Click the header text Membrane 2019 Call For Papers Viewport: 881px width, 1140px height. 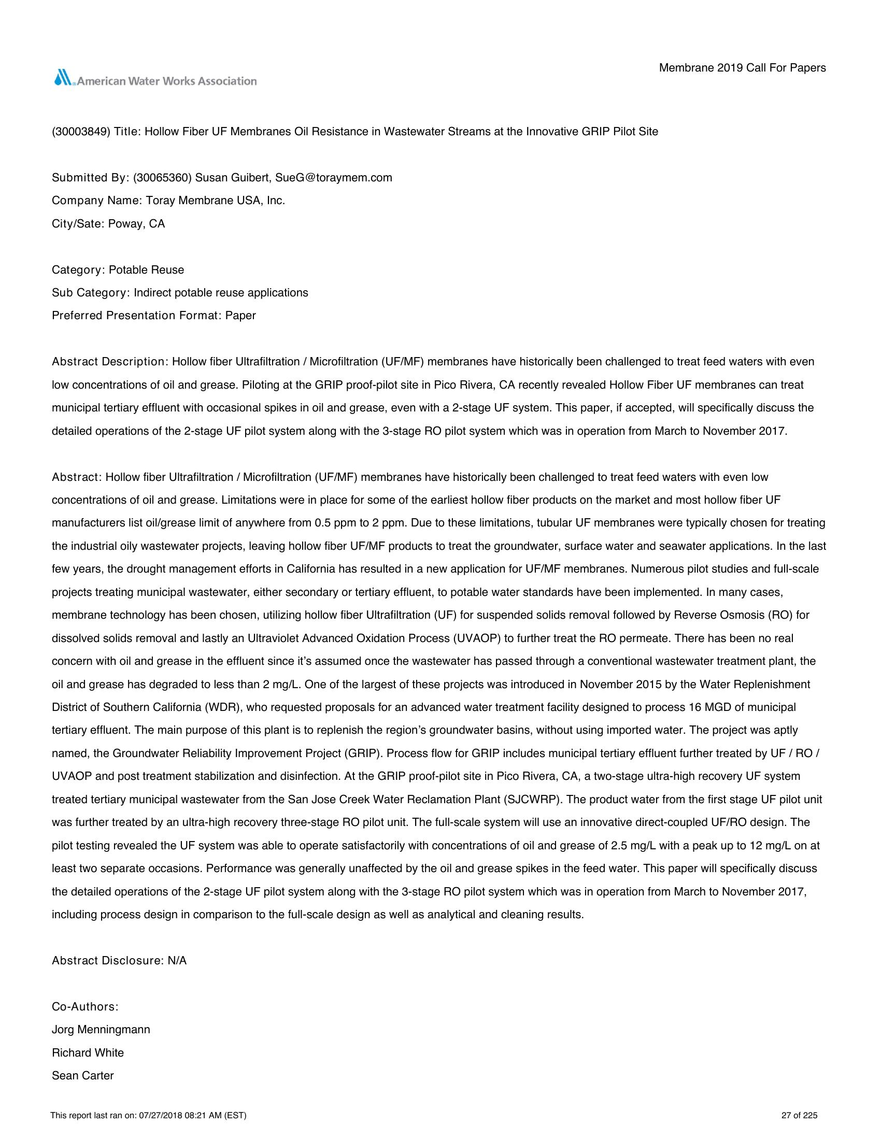pyautogui.click(x=742, y=68)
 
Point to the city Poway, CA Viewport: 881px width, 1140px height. pyautogui.click(x=136, y=224)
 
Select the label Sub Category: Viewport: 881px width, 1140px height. pyautogui.click(x=90, y=293)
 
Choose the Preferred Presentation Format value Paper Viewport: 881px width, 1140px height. pyautogui.click(x=240, y=316)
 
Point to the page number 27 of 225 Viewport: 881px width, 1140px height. pyautogui.click(x=799, y=1116)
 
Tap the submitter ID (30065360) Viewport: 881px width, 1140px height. pyautogui.click(x=163, y=177)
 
